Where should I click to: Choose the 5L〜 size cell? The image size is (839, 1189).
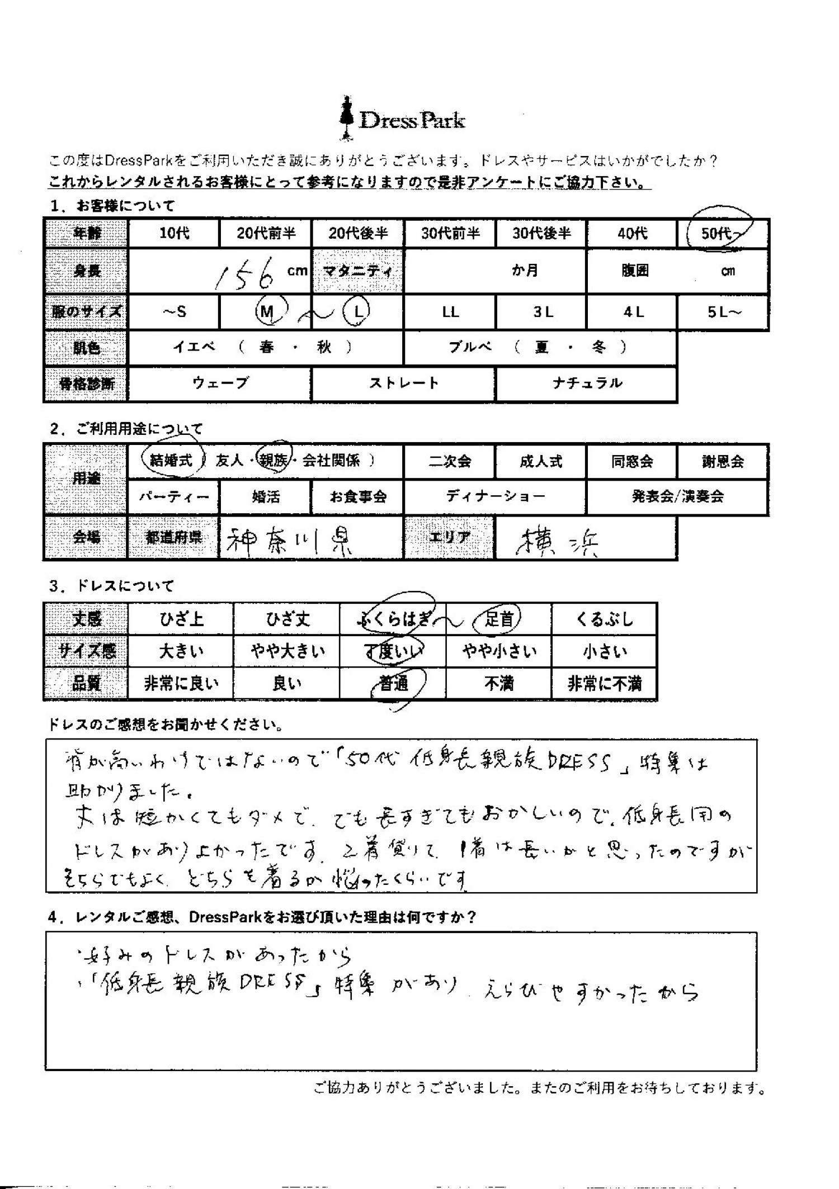pos(723,312)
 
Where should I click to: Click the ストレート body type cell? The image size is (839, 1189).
pos(403,383)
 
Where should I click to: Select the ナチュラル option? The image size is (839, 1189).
pos(586,383)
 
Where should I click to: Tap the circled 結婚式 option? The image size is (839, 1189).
pos(171,461)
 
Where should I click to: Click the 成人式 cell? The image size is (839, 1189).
pos(540,462)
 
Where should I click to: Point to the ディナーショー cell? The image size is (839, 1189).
pos(494,496)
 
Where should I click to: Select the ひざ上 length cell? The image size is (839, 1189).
pos(180,619)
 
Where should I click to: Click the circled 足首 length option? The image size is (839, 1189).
pos(498,619)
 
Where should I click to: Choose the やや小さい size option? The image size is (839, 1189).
pos(498,652)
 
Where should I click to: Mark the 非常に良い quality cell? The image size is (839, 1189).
pos(180,684)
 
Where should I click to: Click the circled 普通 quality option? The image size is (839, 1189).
pos(394,684)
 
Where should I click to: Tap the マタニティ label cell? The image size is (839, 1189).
pos(357,271)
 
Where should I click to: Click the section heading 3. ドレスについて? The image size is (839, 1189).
pos(112,586)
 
